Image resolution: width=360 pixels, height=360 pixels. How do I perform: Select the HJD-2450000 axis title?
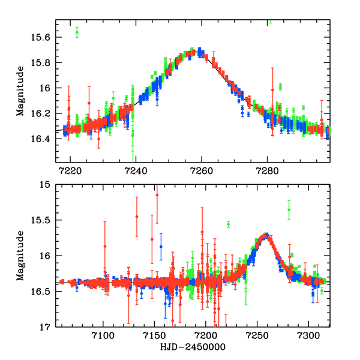click(193, 347)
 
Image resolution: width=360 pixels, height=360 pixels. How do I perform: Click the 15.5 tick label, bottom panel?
click(44, 220)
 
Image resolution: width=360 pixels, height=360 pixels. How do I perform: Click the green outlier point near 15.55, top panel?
click(77, 32)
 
